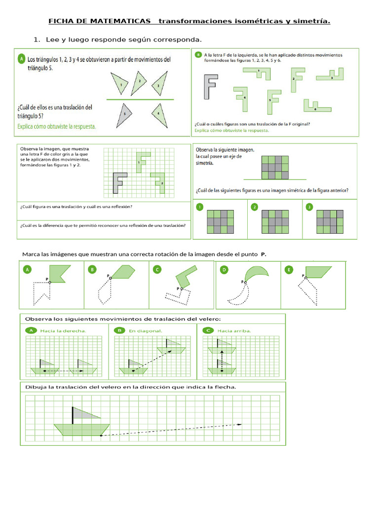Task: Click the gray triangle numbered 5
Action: pyautogui.click(x=126, y=113)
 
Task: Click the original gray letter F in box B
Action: pyautogui.click(x=210, y=87)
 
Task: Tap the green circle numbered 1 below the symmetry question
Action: pyautogui.click(x=199, y=207)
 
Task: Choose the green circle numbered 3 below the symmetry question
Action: pyautogui.click(x=309, y=207)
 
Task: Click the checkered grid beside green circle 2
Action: pyautogui.click(x=275, y=221)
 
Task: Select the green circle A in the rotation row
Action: pyautogui.click(x=27, y=269)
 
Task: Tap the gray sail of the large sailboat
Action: pyautogui.click(x=84, y=413)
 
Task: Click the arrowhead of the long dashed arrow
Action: pyautogui.click(x=240, y=424)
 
